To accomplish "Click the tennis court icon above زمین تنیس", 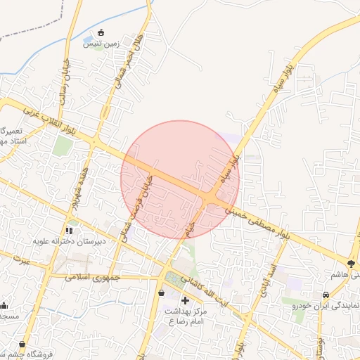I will pos(101,32).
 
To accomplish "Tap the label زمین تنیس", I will pos(103,44).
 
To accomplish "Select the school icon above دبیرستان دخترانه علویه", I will pos(69,230).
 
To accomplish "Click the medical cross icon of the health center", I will pos(185,301).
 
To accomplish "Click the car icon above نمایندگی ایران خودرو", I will pos(326,295).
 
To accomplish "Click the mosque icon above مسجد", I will pos(4,305).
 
